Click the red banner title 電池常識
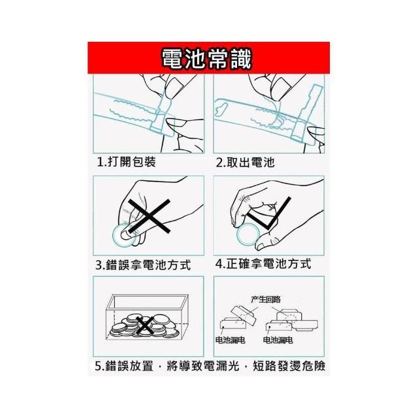(206, 59)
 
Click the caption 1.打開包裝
(126, 161)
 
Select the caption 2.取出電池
(245, 163)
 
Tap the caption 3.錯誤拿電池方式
(143, 265)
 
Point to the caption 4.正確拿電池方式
(263, 264)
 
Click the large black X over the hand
(150, 216)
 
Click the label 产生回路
(266, 299)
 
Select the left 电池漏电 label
(230, 340)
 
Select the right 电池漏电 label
(278, 340)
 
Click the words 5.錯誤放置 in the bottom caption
(124, 366)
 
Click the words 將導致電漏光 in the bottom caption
(203, 366)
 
